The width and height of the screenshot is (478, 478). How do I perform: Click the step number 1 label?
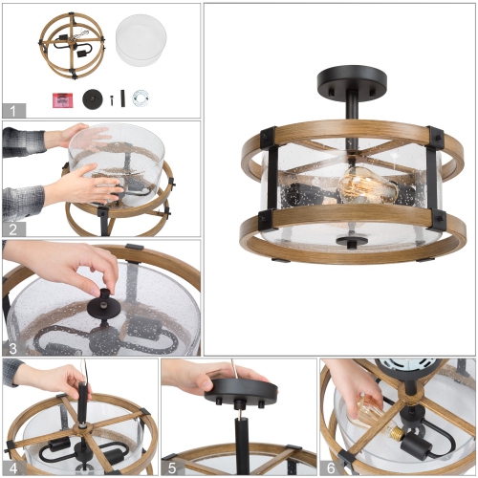point(11,110)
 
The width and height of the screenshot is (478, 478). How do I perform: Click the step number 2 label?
point(11,228)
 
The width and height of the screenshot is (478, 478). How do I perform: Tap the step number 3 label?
point(11,348)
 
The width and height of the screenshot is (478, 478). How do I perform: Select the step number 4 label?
point(11,467)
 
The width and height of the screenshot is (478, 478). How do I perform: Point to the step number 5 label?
point(170,467)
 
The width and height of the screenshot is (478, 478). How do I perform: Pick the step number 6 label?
point(330,467)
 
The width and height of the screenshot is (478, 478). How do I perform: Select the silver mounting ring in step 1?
point(141,98)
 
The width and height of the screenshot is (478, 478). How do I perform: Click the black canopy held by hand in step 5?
point(232,388)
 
